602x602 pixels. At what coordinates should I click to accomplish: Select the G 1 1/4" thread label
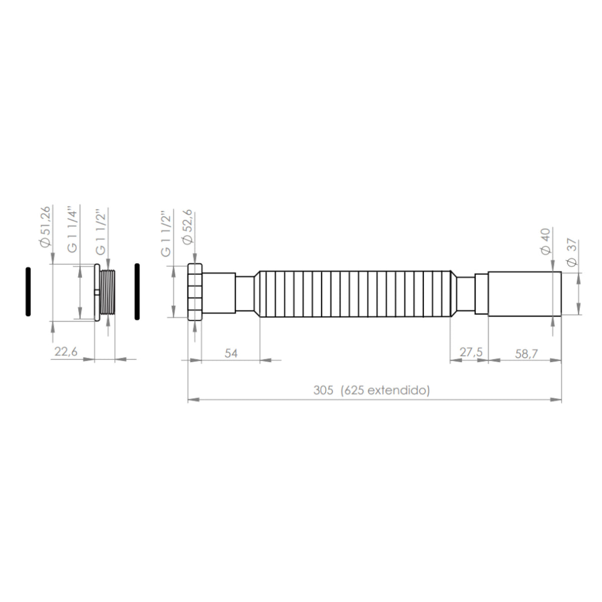73,228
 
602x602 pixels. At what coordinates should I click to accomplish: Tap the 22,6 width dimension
66,352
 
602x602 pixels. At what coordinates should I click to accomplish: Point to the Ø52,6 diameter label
188,227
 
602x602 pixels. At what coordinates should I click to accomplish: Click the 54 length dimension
230,353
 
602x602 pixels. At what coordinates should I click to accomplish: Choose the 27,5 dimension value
471,353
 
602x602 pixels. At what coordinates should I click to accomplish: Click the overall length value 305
323,390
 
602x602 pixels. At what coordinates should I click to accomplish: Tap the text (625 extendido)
385,390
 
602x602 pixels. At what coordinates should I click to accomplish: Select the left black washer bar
29,291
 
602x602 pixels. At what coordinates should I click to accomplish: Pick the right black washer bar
136,291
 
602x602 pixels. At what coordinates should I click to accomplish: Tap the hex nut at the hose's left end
195,291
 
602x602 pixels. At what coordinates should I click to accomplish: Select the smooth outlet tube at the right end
524,293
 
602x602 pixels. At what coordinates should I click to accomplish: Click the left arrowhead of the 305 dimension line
192,400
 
